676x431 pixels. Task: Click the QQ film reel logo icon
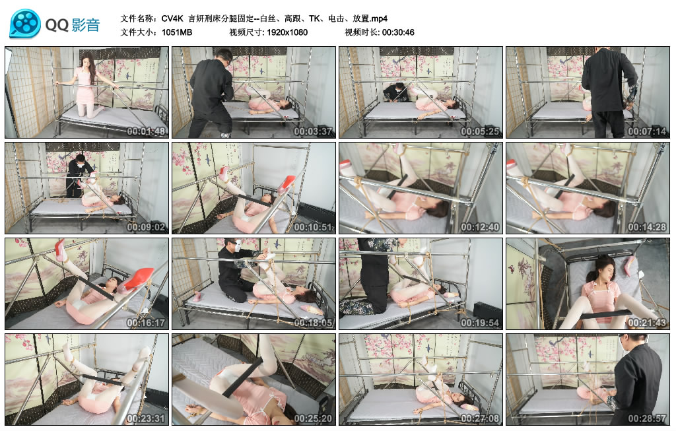25,24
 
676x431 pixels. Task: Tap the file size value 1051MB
176,32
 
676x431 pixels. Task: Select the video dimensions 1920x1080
287,32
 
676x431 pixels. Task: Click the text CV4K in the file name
172,18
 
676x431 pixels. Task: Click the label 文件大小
139,32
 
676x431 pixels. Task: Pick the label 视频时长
360,32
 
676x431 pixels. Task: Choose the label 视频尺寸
246,32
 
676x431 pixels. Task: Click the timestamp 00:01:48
146,131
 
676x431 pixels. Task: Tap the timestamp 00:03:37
313,131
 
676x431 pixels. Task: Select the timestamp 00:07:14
646,131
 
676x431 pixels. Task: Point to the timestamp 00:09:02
146,227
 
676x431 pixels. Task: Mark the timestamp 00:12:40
479,227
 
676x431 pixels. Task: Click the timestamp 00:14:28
646,227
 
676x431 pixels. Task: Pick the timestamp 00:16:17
146,323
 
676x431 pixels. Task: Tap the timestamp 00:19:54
479,323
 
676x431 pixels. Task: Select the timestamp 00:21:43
646,323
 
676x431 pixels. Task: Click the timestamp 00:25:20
313,418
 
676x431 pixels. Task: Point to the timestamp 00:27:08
479,418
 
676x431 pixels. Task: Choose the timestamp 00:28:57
646,418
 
